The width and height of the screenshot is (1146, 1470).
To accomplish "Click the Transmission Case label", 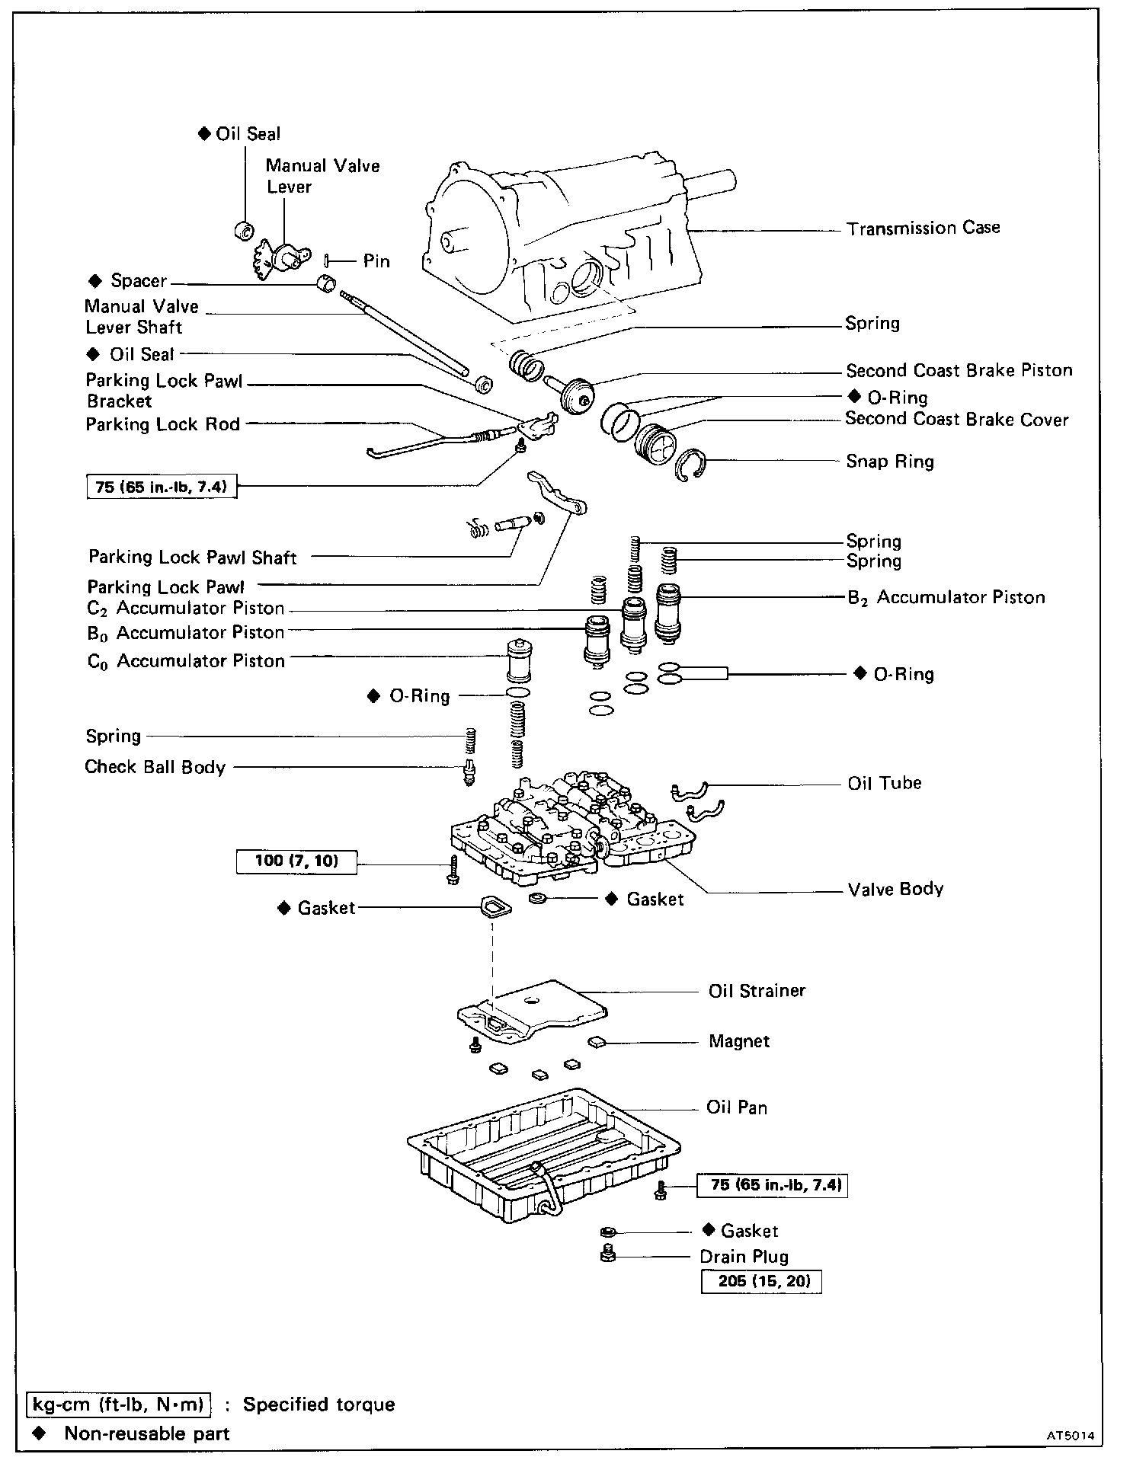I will click(923, 228).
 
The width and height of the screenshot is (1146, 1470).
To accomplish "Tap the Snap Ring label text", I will click(889, 462).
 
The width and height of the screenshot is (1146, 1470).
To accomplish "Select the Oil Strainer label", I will click(757, 991).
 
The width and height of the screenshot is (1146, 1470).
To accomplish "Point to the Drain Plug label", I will click(744, 1257).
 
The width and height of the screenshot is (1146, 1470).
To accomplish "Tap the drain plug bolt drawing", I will click(607, 1253).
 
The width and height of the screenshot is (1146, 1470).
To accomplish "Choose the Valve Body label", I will click(895, 889).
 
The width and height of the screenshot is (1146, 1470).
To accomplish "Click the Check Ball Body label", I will click(155, 767).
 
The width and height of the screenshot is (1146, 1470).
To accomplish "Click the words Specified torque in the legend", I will click(319, 1404).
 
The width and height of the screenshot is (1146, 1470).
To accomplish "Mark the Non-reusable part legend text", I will click(146, 1434).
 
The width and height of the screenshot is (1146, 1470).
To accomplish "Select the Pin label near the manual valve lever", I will click(376, 261).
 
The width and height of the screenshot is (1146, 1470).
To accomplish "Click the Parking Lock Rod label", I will click(162, 424).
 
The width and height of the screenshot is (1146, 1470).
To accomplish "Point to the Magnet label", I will click(738, 1041).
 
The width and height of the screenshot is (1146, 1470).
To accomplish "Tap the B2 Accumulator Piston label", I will click(946, 597).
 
